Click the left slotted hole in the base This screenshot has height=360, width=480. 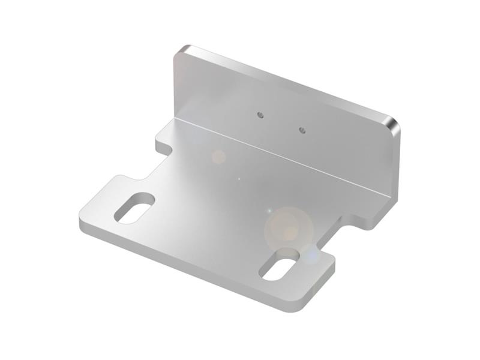[134, 208]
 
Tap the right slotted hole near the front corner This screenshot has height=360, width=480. [279, 266]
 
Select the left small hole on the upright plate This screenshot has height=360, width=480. [259, 114]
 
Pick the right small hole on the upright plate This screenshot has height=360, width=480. [302, 128]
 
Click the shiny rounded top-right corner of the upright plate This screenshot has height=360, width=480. [393, 124]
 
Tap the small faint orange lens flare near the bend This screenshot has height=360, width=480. [218, 157]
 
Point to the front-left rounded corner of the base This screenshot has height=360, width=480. [84, 219]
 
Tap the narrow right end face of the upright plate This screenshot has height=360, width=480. [394, 162]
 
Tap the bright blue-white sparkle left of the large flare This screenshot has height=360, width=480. [269, 211]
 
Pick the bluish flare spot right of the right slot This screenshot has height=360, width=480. [311, 256]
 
